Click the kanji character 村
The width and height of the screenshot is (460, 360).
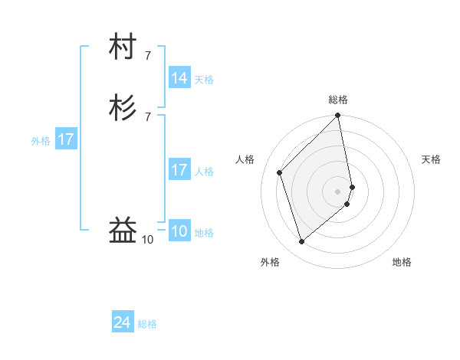click(123, 48)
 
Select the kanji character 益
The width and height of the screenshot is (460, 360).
click(123, 230)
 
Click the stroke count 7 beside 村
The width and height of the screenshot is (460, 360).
click(148, 56)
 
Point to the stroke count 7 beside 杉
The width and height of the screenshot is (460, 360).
click(148, 116)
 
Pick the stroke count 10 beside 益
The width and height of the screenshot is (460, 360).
click(148, 240)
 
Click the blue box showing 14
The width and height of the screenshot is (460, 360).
click(179, 78)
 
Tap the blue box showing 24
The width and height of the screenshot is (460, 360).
click(123, 323)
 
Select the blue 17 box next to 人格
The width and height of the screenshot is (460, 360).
click(179, 171)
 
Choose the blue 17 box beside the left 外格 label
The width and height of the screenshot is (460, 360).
click(66, 140)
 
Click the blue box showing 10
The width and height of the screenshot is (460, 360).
click(179, 232)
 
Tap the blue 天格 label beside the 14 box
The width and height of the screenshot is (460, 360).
click(204, 80)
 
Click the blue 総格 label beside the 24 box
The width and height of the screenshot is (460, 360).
click(147, 325)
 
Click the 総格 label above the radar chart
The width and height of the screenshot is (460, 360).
click(338, 100)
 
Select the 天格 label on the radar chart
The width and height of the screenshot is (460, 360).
click(431, 159)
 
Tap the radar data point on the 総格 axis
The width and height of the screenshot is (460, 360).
click(338, 116)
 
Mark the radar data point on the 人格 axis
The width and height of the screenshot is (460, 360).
click(280, 172)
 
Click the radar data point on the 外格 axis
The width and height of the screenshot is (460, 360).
click(302, 242)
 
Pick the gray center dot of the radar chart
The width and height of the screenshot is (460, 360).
click(338, 191)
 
